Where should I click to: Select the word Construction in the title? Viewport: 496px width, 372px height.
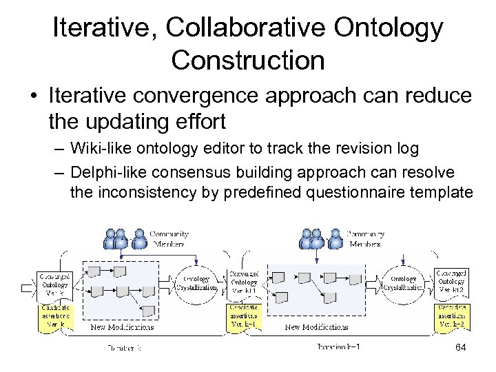tap(247, 60)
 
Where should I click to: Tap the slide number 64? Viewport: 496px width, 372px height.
tap(460, 348)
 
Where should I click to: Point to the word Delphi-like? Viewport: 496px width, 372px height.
tap(111, 170)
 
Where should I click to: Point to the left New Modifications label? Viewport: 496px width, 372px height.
tap(123, 327)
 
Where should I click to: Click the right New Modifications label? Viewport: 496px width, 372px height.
tap(317, 327)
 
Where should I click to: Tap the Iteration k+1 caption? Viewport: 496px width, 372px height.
tap(338, 347)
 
